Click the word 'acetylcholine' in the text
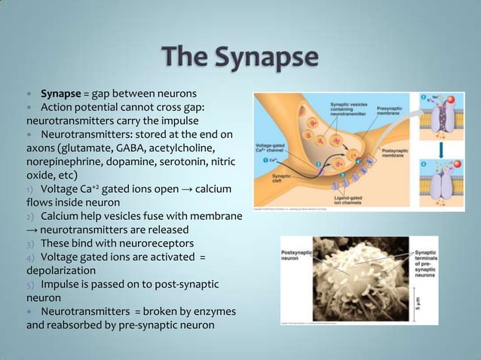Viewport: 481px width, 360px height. click(x=198, y=147)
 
